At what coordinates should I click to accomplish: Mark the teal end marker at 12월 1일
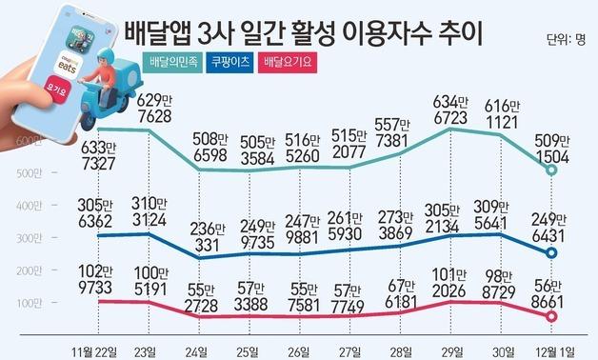coord(552,170)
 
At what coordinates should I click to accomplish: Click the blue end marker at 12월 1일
coord(552,253)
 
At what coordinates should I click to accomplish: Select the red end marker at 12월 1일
coord(552,316)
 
